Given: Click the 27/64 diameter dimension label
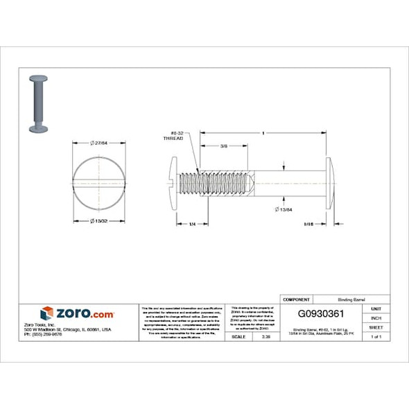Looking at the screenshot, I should [99, 142].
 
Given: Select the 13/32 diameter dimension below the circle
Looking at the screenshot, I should [99, 221].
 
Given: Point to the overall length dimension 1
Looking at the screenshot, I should [263, 132].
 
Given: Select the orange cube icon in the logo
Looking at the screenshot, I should [47, 313].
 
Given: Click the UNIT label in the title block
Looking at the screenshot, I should [375, 308].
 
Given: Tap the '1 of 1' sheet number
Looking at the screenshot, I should [375, 336].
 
